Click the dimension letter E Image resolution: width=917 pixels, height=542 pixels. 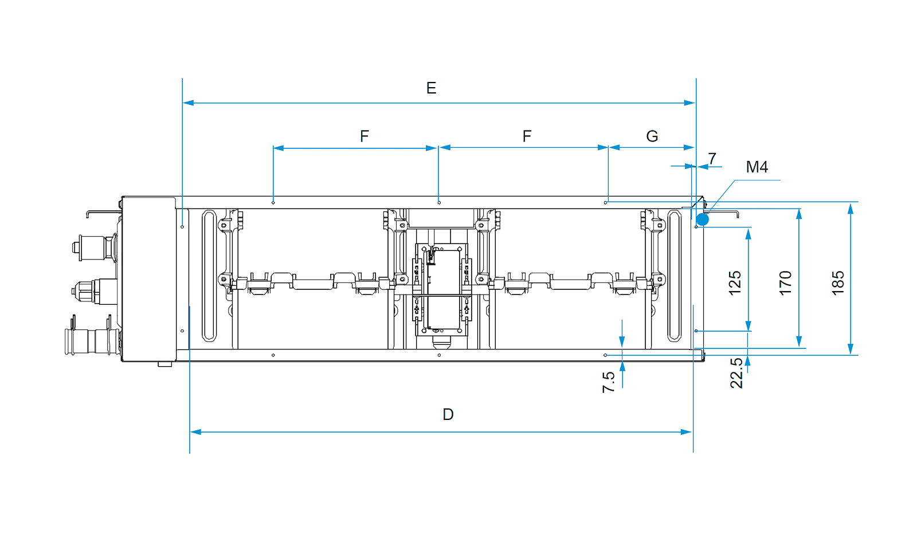tap(431, 88)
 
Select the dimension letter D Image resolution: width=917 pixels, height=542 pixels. tap(448, 414)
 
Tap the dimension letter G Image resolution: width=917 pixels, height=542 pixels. tap(652, 136)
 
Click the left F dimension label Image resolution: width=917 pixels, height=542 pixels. tap(365, 136)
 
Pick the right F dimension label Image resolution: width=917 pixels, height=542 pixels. tap(527, 136)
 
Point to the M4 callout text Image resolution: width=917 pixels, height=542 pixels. tap(757, 167)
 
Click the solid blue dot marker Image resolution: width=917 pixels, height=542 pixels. tap(703, 220)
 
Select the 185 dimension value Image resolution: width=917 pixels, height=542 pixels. tap(838, 282)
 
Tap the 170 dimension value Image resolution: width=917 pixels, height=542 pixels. tap(786, 282)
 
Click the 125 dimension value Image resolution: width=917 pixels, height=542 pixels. tap(735, 282)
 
